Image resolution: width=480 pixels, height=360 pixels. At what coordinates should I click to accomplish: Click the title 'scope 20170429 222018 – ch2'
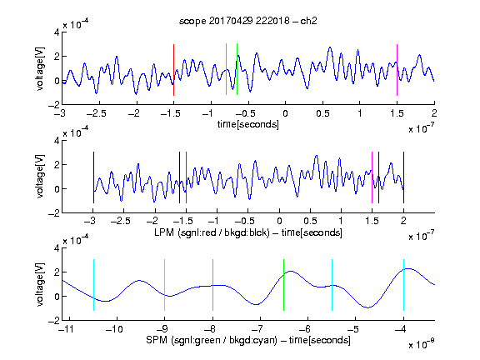[x=248, y=21]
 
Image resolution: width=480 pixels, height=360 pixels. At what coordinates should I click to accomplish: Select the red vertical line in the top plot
[x=173, y=70]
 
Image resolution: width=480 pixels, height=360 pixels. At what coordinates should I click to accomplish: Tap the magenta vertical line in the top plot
[x=397, y=70]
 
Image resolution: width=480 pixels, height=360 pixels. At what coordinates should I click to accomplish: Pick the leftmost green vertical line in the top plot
[x=226, y=69]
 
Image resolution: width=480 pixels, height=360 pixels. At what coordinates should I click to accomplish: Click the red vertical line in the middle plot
[x=186, y=177]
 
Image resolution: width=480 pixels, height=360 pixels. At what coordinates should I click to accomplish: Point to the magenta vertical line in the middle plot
[x=372, y=177]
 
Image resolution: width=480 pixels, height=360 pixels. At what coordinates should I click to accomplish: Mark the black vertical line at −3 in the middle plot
[x=93, y=177]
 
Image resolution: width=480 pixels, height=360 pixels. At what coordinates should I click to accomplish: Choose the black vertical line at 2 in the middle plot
[x=403, y=177]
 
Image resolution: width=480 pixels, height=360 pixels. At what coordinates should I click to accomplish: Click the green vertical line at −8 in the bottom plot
[x=212, y=285]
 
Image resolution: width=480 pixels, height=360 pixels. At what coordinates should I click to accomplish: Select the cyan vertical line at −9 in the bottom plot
[x=164, y=285]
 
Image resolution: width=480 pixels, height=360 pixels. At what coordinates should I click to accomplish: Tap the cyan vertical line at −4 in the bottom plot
[x=403, y=285]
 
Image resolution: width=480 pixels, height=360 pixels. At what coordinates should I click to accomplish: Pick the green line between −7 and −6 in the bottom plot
[x=284, y=285]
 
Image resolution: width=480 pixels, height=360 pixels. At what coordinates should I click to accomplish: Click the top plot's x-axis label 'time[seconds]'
[x=248, y=124]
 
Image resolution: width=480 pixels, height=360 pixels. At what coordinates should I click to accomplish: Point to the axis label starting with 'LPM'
[x=248, y=232]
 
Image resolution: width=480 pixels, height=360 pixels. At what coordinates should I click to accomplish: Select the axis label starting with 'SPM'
[x=248, y=340]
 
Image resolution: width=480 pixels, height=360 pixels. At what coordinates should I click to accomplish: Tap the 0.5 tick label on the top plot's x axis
[x=322, y=113]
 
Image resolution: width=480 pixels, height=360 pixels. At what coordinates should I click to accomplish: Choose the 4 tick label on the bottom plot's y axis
[x=57, y=248]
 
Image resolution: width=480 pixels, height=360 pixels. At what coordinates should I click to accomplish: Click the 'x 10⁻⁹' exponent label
[x=422, y=344]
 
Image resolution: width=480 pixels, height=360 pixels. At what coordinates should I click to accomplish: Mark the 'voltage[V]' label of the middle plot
[x=40, y=177]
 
